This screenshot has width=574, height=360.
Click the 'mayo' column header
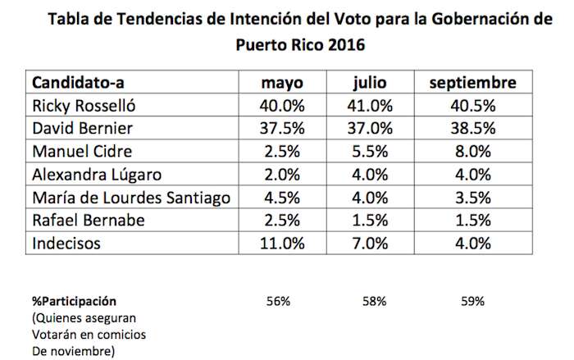[280, 84]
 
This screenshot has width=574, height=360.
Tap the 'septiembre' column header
[473, 84]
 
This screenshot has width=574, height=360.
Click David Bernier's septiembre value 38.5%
[473, 129]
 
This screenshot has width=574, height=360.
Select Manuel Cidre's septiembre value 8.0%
[473, 152]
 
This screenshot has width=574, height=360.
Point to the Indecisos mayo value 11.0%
[280, 244]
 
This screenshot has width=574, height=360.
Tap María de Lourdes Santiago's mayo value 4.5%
[280, 198]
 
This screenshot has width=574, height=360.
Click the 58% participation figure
[374, 301]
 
